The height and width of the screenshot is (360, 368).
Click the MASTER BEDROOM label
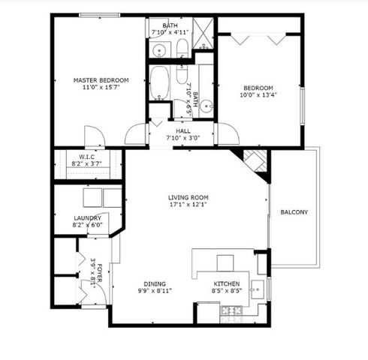101,80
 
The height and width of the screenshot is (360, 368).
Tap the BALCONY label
294,212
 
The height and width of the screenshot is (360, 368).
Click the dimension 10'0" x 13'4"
258,95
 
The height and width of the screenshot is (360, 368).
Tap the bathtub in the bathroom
159,84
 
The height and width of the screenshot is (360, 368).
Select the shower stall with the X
203,32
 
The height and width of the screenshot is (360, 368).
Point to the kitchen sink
258,286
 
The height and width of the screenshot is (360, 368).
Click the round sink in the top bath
158,50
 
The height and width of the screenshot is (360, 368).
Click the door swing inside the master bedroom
93,136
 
